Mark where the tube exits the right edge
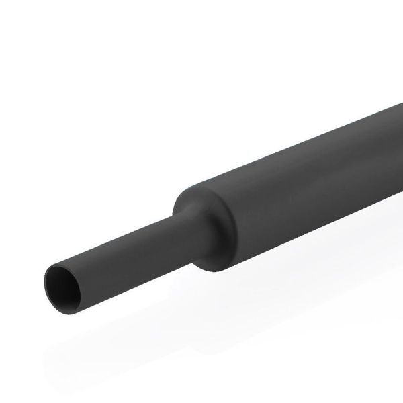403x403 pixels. pyautogui.click(x=399, y=141)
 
